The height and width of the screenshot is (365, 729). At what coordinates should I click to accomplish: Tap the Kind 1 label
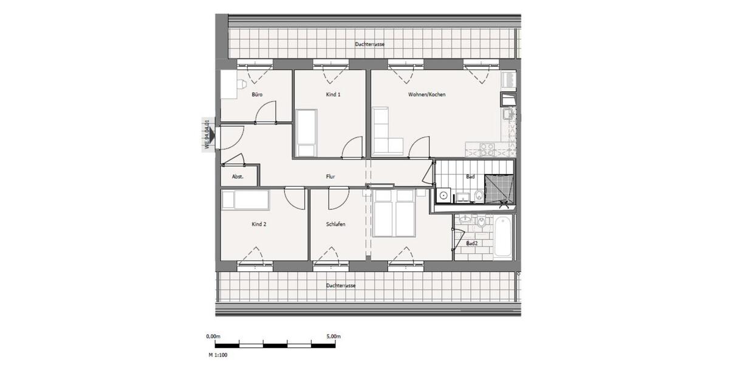click(x=334, y=94)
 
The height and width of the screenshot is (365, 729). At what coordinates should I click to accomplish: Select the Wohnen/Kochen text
click(x=427, y=94)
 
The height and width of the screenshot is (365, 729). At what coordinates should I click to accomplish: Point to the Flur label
click(x=330, y=177)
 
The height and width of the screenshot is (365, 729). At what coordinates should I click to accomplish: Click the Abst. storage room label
click(x=238, y=177)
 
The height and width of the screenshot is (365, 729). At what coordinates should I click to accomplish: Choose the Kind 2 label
click(x=259, y=224)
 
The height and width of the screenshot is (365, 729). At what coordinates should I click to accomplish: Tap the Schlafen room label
click(x=336, y=224)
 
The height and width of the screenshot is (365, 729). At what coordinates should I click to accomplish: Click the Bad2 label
click(x=471, y=243)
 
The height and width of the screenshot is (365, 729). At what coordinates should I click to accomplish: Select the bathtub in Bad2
click(x=504, y=237)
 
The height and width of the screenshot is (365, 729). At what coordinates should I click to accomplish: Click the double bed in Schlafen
click(x=394, y=213)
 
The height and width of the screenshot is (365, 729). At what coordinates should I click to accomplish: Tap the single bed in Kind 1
click(x=305, y=133)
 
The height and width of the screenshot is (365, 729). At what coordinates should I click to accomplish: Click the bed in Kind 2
click(x=245, y=200)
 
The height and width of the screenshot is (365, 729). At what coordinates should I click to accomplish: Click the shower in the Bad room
click(x=499, y=188)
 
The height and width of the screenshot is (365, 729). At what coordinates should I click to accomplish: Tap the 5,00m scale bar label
click(x=332, y=336)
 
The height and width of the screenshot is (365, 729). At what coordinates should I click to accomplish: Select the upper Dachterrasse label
click(x=370, y=44)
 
